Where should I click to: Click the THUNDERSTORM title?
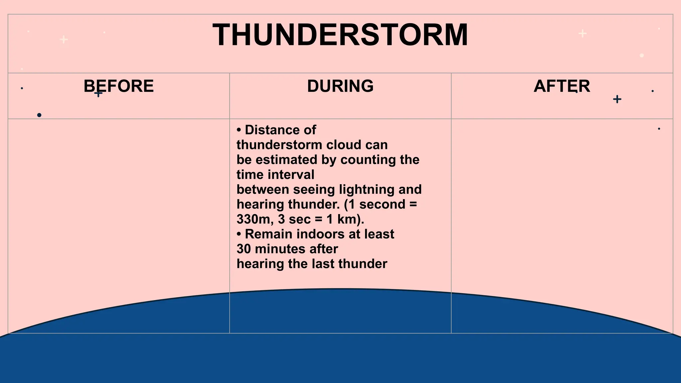pos(340,35)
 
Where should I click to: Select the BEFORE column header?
pos(119,86)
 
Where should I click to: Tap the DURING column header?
pos(340,86)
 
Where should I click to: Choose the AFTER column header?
pos(562,86)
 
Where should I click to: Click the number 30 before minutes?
pos(243,249)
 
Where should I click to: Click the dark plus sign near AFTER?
pos(617,99)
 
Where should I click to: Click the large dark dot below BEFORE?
pos(39,115)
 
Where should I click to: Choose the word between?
pos(263,190)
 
